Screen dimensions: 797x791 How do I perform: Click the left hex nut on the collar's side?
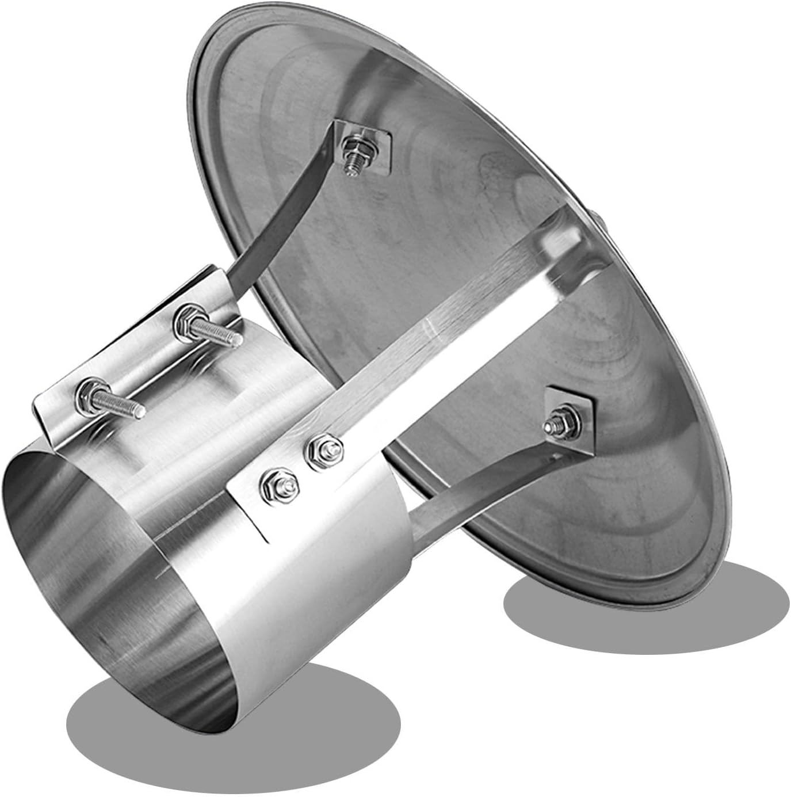click(272, 479)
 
